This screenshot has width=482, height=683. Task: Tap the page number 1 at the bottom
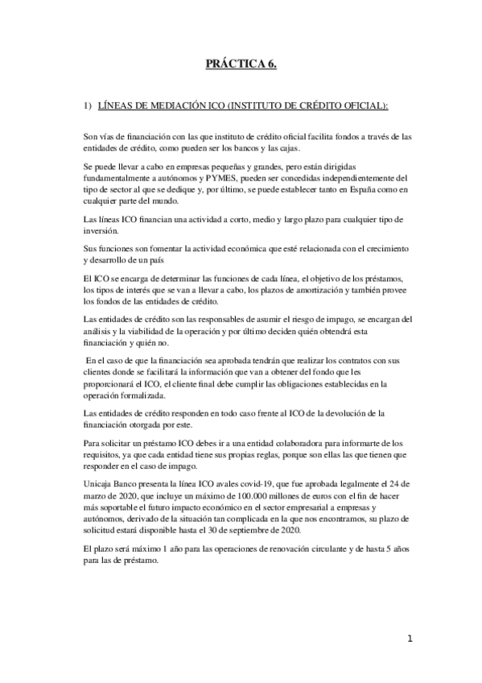(410, 640)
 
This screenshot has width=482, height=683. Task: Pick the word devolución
(325, 415)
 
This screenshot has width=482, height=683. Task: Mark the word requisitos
(103, 456)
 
